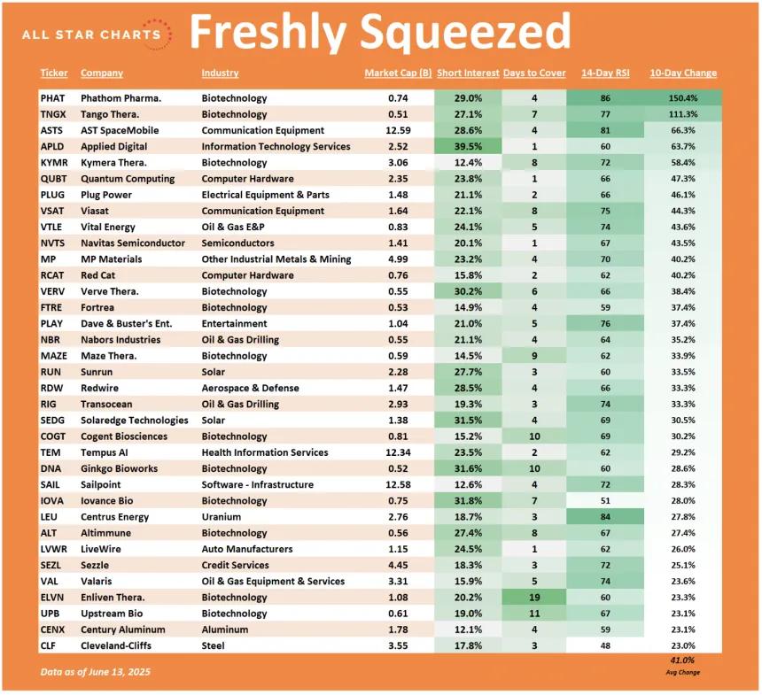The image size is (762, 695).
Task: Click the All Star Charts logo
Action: pyautogui.click(x=97, y=35)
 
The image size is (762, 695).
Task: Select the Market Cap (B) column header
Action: pyautogui.click(x=398, y=73)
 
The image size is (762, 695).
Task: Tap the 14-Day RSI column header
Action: pyautogui.click(x=605, y=73)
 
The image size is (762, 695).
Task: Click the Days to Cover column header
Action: pyautogui.click(x=534, y=73)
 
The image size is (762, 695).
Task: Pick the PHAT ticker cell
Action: pyautogui.click(x=52, y=98)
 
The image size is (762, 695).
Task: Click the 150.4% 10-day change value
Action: pyautogui.click(x=683, y=98)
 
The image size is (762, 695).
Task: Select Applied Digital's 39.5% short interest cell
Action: pyautogui.click(x=468, y=146)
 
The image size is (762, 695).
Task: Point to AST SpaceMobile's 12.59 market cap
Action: pyautogui.click(x=399, y=130)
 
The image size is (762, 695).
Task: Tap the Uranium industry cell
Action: pyautogui.click(x=222, y=517)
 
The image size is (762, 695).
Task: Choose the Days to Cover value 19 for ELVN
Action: pyautogui.click(x=534, y=598)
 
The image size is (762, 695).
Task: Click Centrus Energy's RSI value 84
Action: pyautogui.click(x=605, y=517)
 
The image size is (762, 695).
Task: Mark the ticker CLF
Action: pyautogui.click(x=48, y=645)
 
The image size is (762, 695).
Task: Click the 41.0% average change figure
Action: pyautogui.click(x=682, y=660)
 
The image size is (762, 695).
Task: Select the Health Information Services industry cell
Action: pyautogui.click(x=265, y=452)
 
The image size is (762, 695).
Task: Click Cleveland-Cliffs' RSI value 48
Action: pyautogui.click(x=605, y=645)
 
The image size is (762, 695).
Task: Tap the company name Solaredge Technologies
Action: pyautogui.click(x=134, y=421)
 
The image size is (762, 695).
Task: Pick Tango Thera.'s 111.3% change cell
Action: pyautogui.click(x=683, y=114)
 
